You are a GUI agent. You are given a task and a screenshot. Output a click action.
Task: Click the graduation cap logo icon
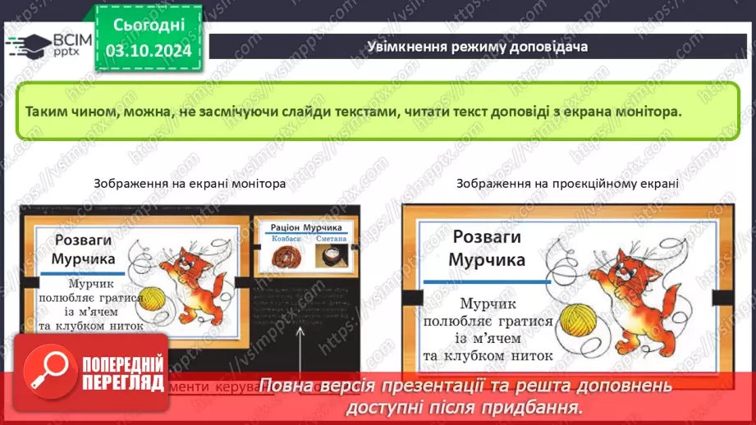pyautogui.click(x=26, y=43)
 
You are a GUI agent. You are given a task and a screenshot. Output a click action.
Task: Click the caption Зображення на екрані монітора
pyautogui.click(x=190, y=184)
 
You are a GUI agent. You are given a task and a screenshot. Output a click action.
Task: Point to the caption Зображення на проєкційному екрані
pyautogui.click(x=568, y=184)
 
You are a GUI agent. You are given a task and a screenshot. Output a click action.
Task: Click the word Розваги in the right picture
pyautogui.click(x=487, y=237)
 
